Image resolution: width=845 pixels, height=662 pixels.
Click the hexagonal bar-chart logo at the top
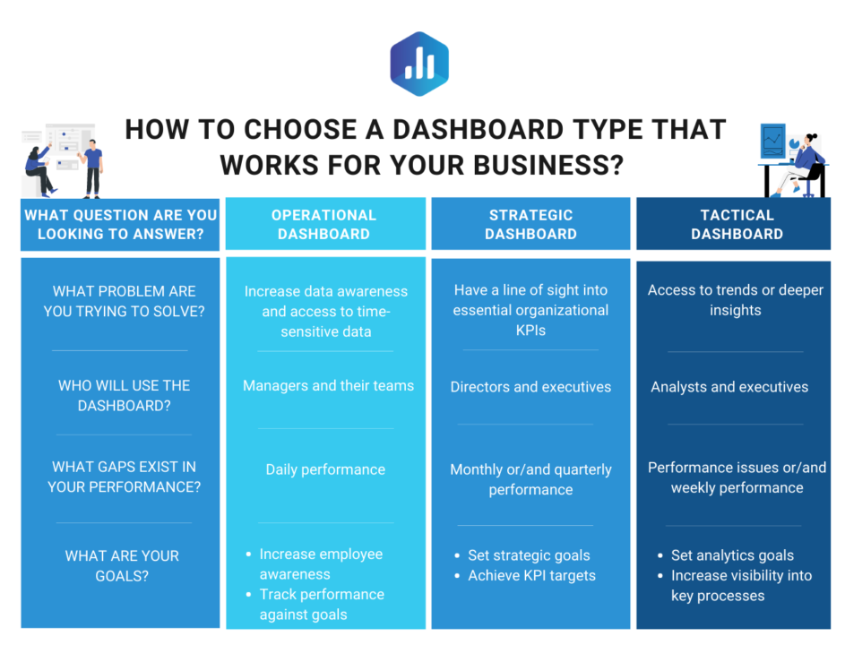point(419,64)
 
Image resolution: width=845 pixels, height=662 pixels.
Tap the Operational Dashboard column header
point(323,224)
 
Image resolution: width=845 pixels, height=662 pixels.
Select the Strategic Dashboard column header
point(530,224)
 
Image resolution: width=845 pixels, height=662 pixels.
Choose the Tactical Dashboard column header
point(737,224)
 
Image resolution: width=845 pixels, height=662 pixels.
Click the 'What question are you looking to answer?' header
point(121,224)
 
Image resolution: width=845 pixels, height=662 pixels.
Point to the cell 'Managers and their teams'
point(328,386)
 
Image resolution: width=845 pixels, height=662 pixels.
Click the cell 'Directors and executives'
point(530,387)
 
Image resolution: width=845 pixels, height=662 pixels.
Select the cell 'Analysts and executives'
point(729,387)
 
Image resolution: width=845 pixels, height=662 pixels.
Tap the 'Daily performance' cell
point(325,469)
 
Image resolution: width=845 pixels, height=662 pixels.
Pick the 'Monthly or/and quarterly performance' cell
point(530,479)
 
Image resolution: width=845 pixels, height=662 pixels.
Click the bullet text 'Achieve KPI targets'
point(532,576)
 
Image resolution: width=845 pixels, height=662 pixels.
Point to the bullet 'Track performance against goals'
point(322,605)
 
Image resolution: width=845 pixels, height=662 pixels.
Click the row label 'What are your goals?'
point(122,565)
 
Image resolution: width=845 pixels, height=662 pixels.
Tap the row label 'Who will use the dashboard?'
point(124,395)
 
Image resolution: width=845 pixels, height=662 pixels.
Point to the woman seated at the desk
point(802,164)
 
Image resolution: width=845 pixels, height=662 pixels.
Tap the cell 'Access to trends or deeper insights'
point(736,300)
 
